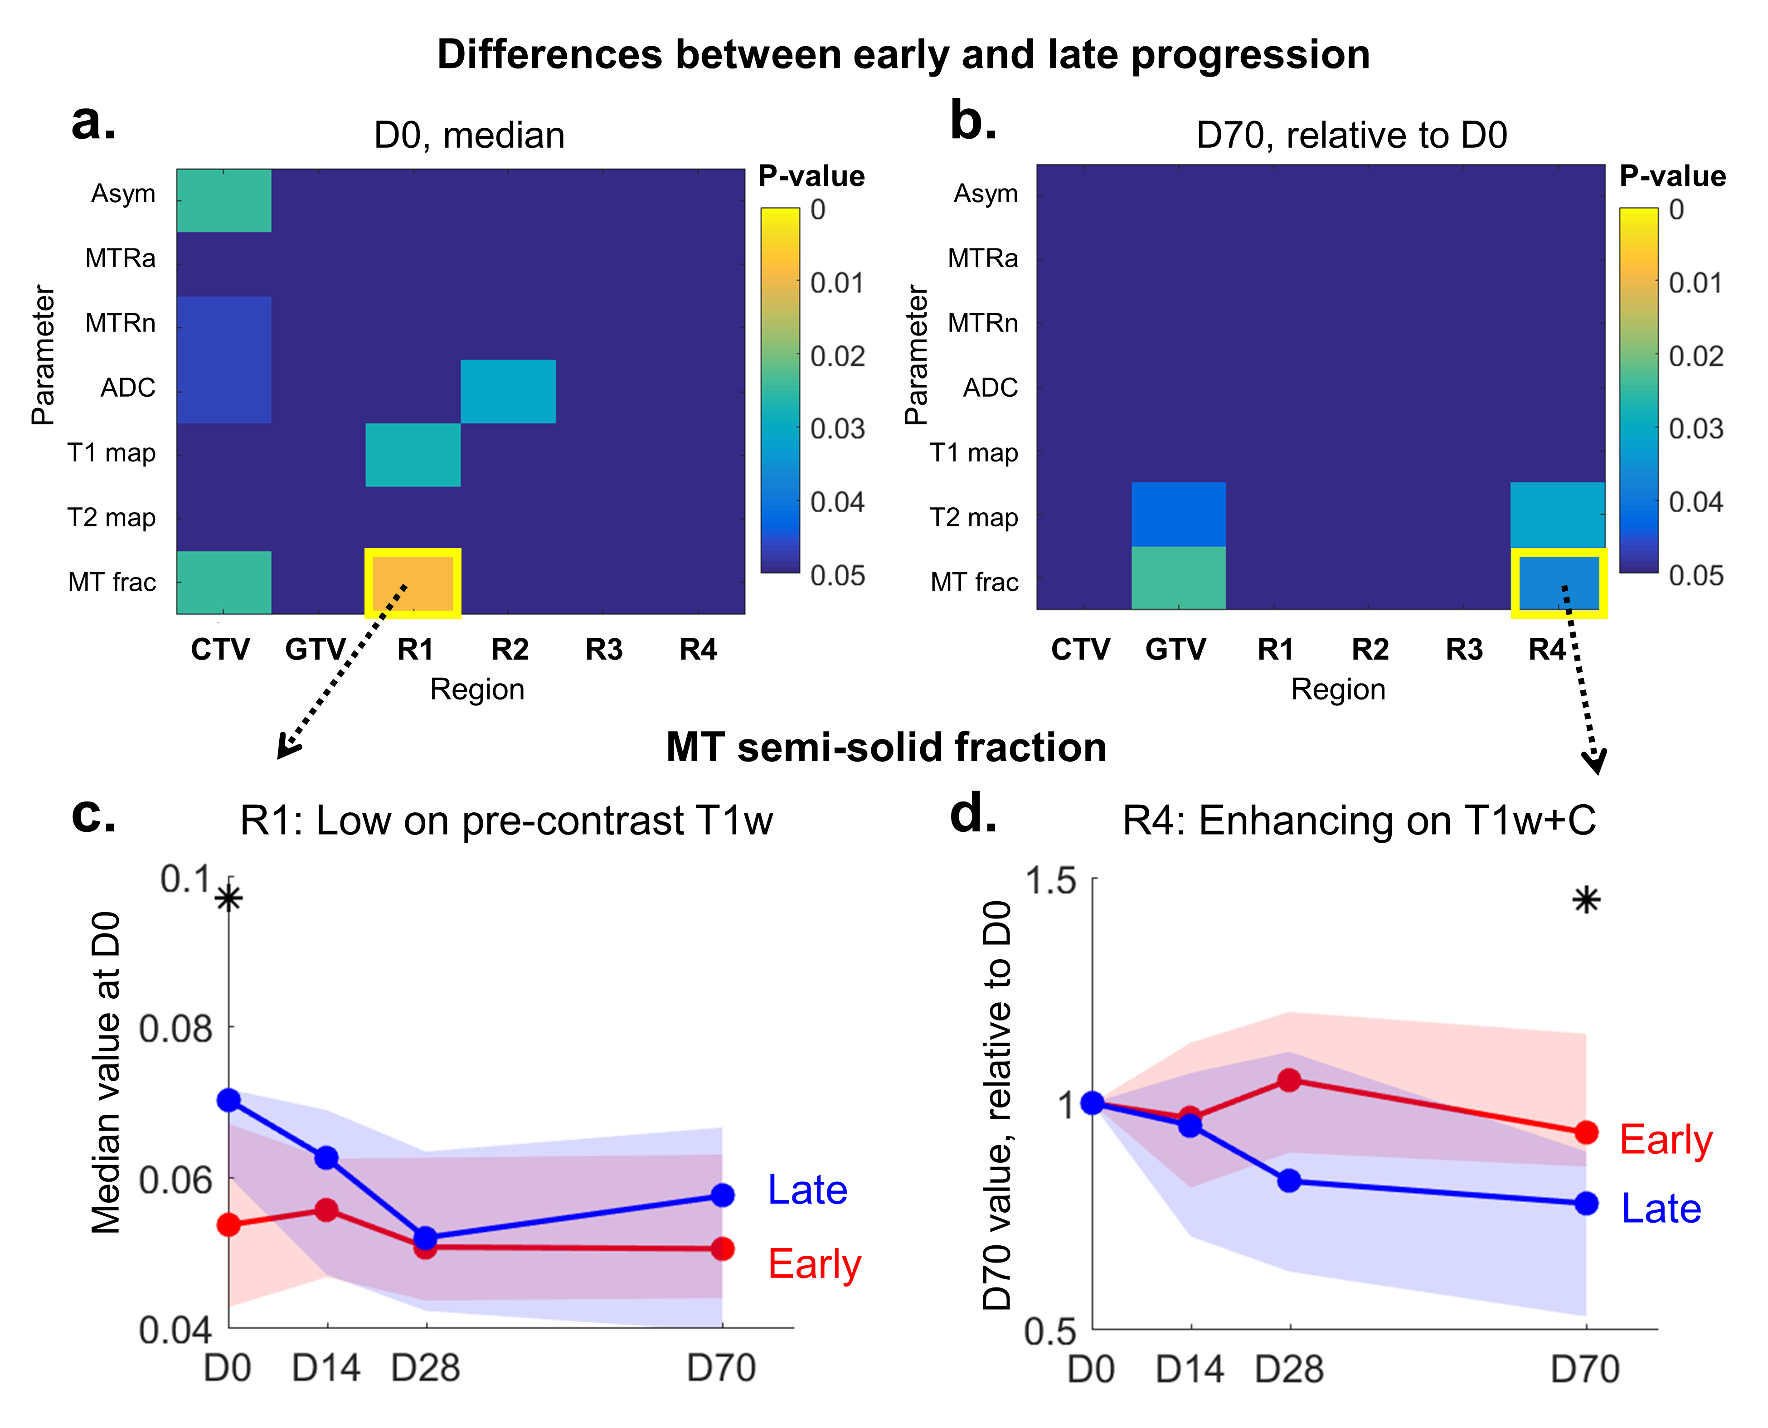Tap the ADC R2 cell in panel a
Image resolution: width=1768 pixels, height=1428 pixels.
click(508, 392)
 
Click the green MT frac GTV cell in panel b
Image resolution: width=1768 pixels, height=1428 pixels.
click(1178, 578)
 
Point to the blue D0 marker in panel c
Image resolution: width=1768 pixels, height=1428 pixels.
click(229, 1100)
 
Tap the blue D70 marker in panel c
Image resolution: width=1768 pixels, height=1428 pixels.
click(722, 1195)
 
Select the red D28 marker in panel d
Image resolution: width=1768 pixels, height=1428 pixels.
click(1289, 1080)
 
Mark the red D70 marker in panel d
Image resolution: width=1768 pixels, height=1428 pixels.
click(1586, 1133)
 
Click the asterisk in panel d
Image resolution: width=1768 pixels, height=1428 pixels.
click(1586, 901)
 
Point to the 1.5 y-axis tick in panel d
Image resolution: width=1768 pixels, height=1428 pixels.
click(1050, 881)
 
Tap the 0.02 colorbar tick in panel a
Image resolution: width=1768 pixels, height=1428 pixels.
click(837, 356)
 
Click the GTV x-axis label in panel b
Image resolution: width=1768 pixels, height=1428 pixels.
click(1175, 650)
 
